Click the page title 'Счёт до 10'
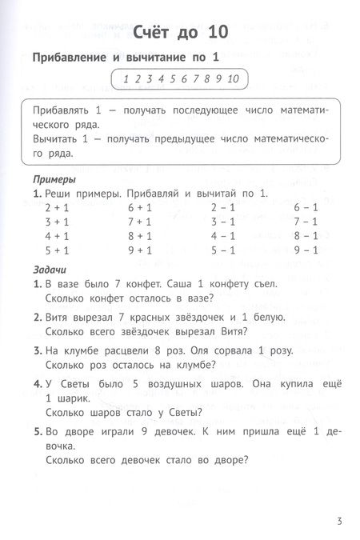click(x=179, y=33)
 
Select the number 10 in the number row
click(x=233, y=78)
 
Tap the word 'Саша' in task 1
click(x=185, y=284)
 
